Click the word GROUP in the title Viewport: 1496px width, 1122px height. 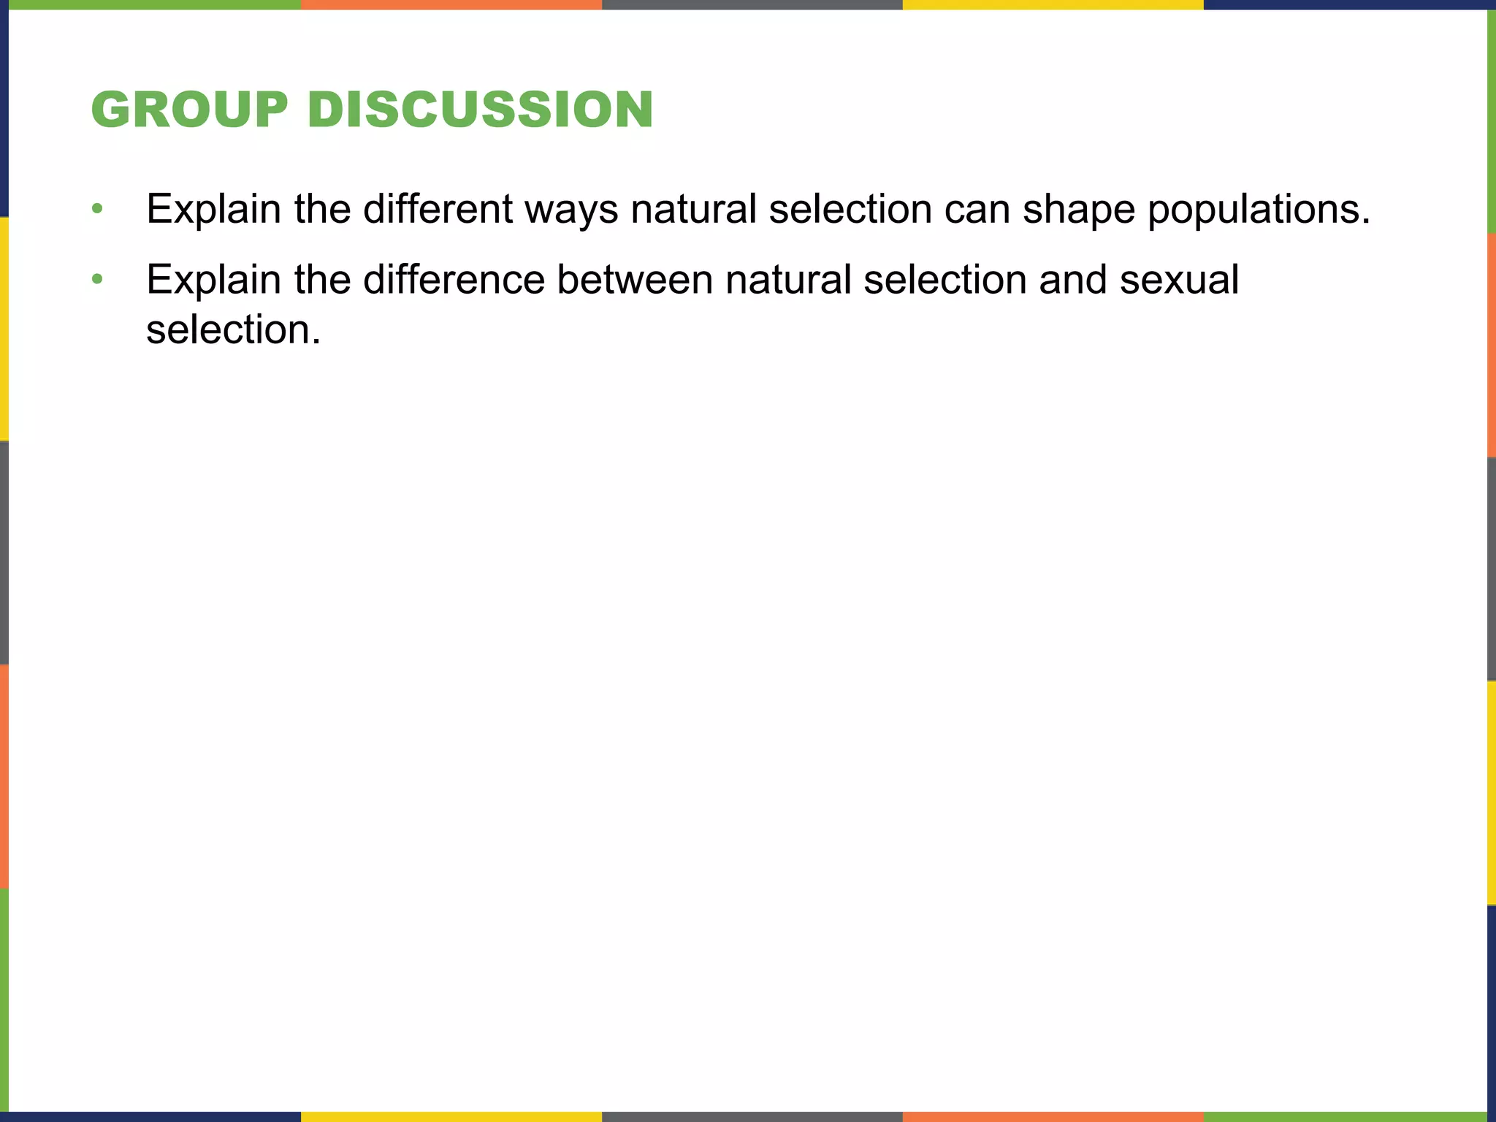click(189, 110)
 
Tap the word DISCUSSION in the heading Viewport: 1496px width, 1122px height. click(480, 110)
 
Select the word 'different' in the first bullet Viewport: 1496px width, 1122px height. click(438, 209)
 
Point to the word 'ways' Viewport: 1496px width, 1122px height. click(571, 210)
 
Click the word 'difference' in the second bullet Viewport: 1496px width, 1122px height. click(454, 280)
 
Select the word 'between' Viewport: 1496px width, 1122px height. click(634, 280)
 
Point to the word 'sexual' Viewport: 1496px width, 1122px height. click(1179, 280)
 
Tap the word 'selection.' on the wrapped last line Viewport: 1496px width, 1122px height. click(233, 329)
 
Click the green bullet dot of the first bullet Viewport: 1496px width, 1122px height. click(97, 210)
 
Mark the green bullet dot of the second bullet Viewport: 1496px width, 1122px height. click(97, 279)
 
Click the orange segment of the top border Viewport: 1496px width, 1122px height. click(451, 4)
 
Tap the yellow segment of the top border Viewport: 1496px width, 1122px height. click(1053, 4)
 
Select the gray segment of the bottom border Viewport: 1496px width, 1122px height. click(752, 1117)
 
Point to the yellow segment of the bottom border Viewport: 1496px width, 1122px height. click(451, 1117)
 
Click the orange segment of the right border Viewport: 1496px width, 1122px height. click(1492, 345)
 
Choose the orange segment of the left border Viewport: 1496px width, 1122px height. click(4, 776)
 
